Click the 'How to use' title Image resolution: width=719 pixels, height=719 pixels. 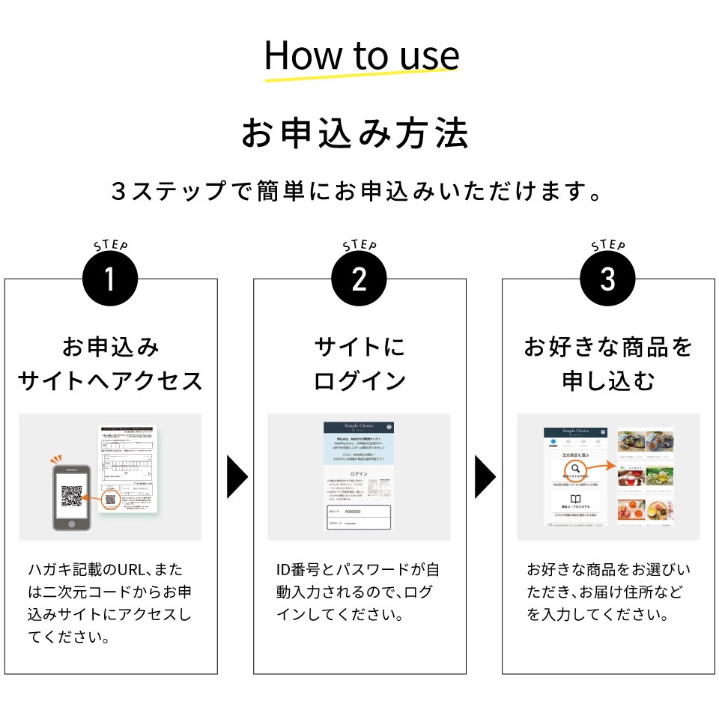tap(362, 55)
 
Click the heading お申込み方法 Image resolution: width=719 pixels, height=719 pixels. tap(355, 134)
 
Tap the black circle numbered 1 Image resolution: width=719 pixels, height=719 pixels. tap(110, 280)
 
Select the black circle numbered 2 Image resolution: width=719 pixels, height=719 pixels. tap(359, 280)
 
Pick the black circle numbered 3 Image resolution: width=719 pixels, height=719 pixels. tap(607, 280)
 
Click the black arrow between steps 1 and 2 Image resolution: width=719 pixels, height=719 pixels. tap(237, 476)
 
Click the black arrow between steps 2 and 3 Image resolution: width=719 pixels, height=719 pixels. tap(485, 476)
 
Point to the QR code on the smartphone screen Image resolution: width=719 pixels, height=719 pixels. tap(71, 495)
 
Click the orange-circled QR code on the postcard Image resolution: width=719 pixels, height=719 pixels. tap(111, 500)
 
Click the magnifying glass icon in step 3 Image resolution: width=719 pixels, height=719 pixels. tap(576, 470)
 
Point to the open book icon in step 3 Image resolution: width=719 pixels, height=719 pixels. tap(576, 500)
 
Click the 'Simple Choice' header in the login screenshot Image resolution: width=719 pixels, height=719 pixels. tap(358, 426)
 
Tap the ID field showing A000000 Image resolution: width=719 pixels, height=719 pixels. tap(358, 512)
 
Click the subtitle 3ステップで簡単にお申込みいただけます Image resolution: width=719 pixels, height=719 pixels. tap(357, 192)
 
